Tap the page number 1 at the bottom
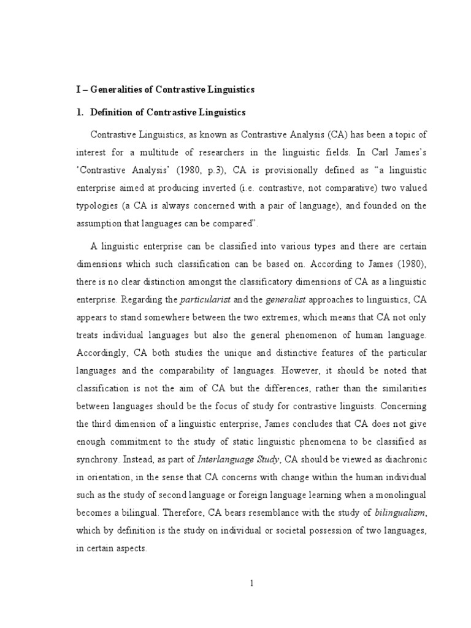(x=251, y=583)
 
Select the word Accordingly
(x=100, y=353)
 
